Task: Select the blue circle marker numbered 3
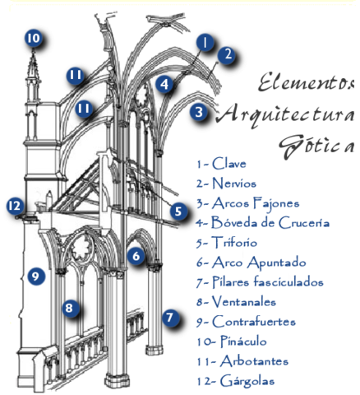[198, 112]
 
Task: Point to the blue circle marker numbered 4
[165, 83]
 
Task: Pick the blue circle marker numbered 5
[178, 211]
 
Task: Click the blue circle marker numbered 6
[136, 256]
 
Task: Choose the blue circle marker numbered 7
[170, 316]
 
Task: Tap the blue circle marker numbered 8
[71, 309]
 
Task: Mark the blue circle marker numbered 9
[34, 276]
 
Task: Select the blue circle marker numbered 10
[32, 38]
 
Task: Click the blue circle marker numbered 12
[14, 206]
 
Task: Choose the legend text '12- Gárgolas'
[236, 380]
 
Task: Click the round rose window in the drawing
[83, 245]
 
